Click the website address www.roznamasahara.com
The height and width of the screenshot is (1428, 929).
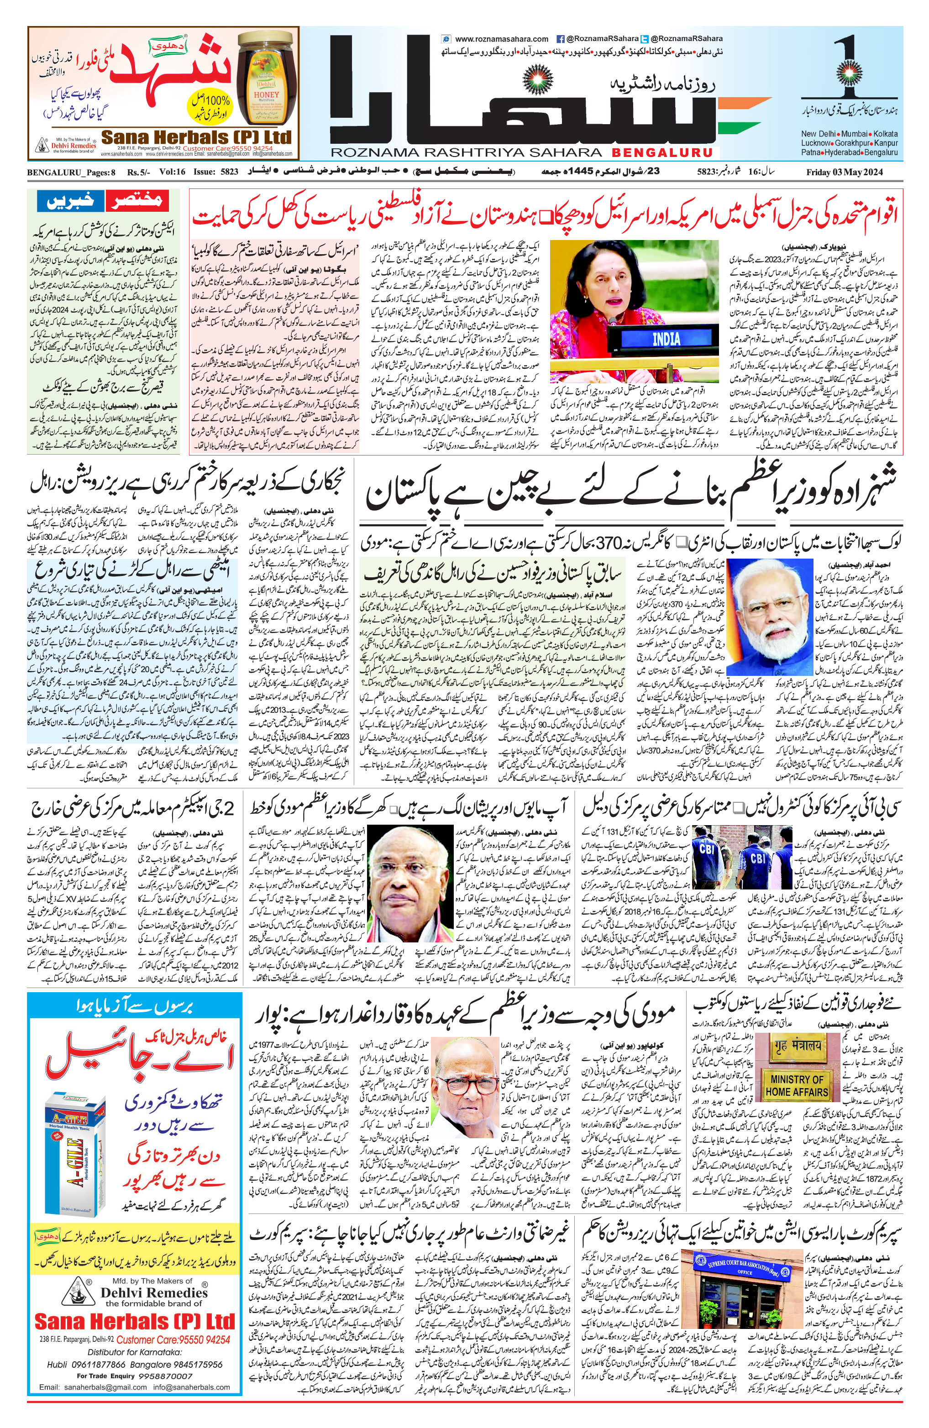pos(501,39)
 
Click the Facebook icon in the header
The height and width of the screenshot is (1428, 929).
pos(561,39)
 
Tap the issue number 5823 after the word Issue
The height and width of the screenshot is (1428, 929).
pos(229,172)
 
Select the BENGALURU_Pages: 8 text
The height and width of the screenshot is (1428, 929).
pos(71,172)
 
